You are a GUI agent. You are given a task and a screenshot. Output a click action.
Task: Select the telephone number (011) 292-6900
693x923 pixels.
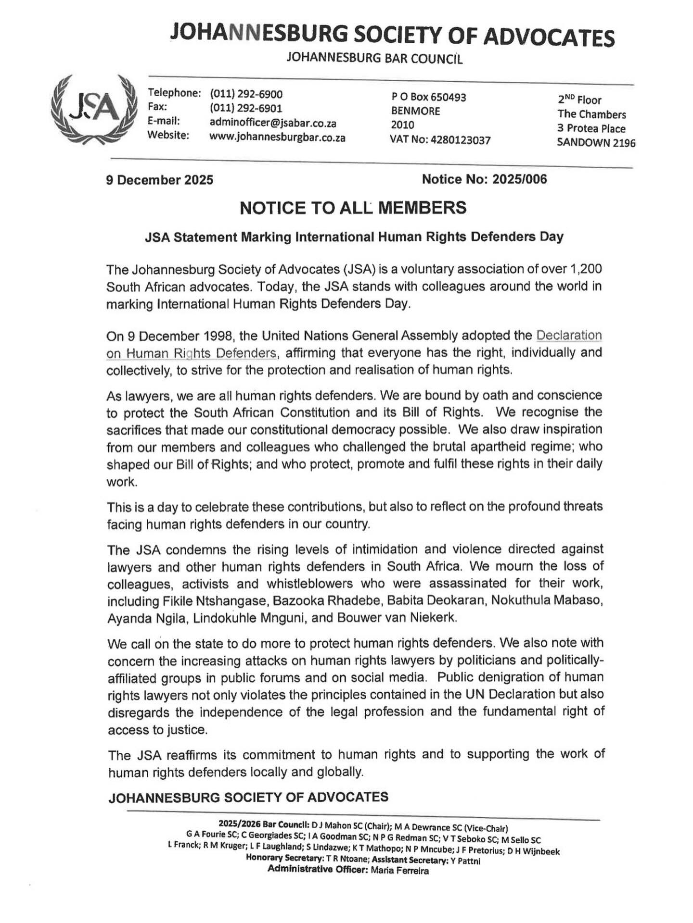pyautogui.click(x=246, y=94)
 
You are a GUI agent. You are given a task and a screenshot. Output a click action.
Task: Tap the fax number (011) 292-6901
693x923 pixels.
pyautogui.click(x=246, y=108)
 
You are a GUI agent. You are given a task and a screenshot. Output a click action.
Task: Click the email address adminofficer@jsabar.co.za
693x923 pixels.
pyautogui.click(x=273, y=123)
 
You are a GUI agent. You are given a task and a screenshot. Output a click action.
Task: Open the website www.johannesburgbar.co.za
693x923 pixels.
pyautogui.click(x=277, y=137)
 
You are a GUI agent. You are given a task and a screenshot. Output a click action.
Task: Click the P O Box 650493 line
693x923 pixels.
pyautogui.click(x=429, y=97)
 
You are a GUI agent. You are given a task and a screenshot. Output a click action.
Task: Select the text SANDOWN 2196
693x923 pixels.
pyautogui.click(x=596, y=143)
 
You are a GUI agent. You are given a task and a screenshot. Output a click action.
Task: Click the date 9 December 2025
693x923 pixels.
pyautogui.click(x=160, y=180)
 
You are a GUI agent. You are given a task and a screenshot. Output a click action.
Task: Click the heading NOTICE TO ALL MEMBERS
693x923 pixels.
pyautogui.click(x=353, y=208)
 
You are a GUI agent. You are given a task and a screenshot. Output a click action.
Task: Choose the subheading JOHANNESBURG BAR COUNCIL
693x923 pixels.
pyautogui.click(x=374, y=59)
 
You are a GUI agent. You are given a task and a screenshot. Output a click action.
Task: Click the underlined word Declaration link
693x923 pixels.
pyautogui.click(x=569, y=335)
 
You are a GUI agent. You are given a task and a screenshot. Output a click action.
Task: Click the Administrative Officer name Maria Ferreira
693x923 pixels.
pyautogui.click(x=399, y=870)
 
